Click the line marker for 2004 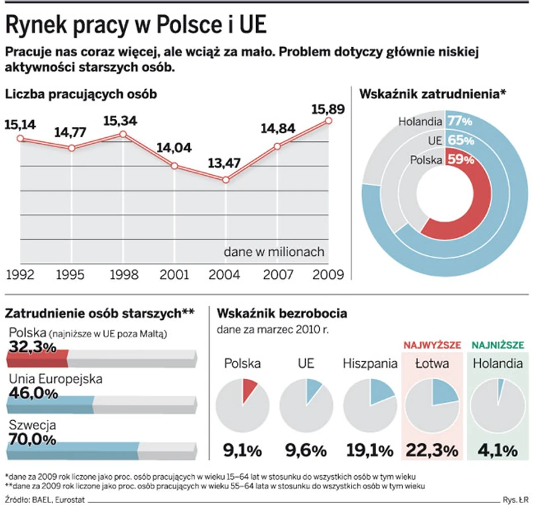[226, 180]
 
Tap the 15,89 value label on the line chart [329, 108]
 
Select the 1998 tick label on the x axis [123, 273]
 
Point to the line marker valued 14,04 [174, 166]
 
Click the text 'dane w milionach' [273, 251]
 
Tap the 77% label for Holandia [459, 121]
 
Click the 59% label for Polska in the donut [459, 159]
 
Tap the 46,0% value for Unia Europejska [33, 392]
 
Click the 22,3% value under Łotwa [432, 451]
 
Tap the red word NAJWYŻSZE [432, 345]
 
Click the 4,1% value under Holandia [498, 451]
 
